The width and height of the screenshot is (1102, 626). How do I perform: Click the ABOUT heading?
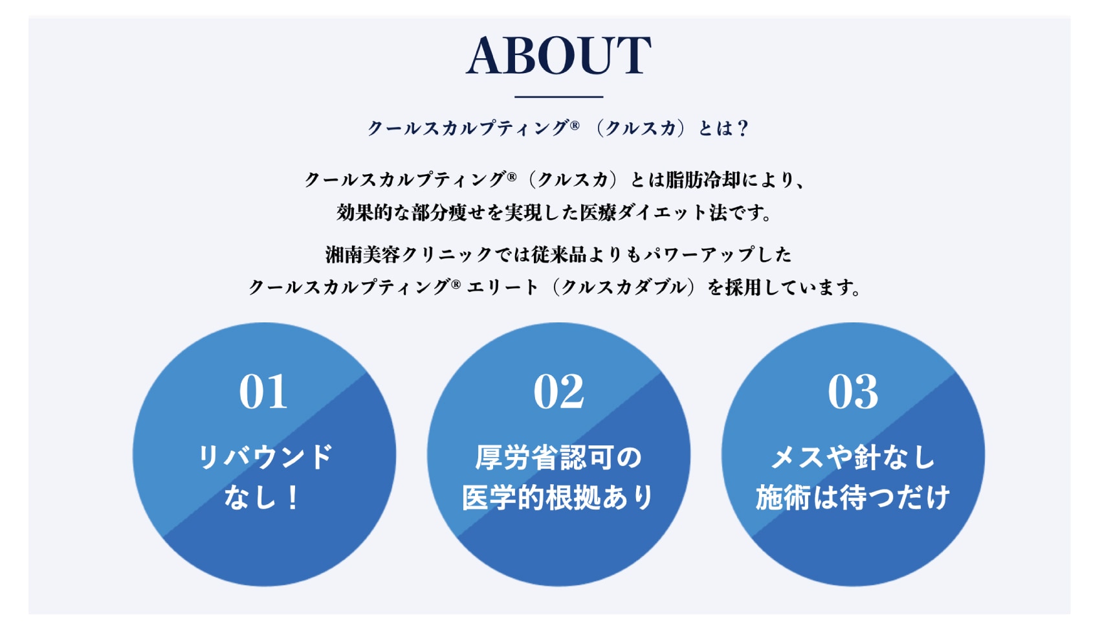pos(558,55)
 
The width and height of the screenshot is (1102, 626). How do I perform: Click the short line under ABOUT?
pos(558,97)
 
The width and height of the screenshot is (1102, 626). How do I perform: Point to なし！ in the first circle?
pos(261,497)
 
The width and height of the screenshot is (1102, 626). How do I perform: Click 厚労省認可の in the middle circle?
pos(558,457)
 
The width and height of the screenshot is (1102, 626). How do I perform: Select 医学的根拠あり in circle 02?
pos(558,497)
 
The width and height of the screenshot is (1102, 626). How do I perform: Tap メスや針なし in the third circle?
pos(853,457)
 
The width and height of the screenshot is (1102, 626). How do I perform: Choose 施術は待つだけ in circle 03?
pos(853,497)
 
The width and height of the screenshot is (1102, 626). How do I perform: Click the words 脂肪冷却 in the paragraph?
pos(703,180)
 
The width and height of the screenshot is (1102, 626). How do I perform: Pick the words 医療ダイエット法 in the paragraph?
pos(652,213)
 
